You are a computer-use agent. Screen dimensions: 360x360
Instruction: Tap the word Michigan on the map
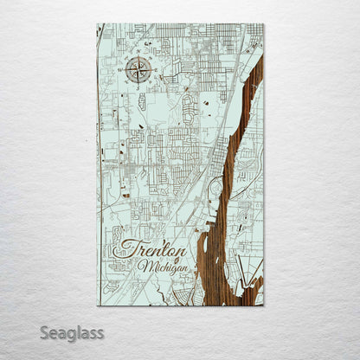(x=162, y=267)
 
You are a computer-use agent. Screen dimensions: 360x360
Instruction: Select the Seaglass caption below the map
(x=71, y=332)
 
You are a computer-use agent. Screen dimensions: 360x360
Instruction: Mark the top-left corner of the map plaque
(x=98, y=24)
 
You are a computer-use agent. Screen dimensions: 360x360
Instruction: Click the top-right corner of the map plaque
(x=263, y=24)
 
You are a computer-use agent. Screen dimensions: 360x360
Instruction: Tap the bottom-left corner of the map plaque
(x=98, y=305)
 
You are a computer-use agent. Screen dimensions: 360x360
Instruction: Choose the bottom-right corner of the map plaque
(x=263, y=305)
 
